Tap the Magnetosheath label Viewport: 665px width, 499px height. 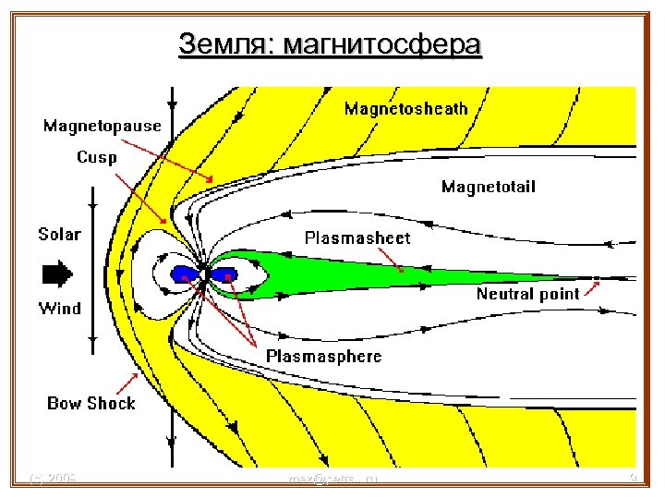pos(405,109)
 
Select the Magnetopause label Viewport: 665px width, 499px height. pos(103,126)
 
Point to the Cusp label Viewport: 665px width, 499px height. pos(96,157)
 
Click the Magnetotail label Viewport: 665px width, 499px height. pos(488,188)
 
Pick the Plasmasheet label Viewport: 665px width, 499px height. pos(357,237)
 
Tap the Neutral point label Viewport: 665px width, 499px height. pos(527,294)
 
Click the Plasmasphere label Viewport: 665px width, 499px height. pos(323,356)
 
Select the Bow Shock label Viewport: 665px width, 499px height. pos(91,403)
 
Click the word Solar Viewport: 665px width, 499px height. pos(59,234)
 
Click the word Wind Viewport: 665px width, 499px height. pos(59,308)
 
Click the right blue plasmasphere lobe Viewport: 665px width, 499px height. pos(224,274)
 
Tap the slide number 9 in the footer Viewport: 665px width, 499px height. pos(633,479)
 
